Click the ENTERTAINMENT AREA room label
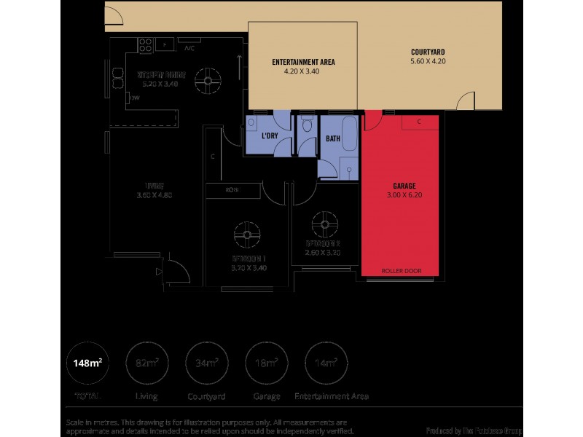[x=302, y=62]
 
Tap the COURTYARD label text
[x=428, y=52]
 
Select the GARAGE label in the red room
[x=401, y=186]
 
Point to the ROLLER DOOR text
[x=401, y=271]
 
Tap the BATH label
[x=333, y=138]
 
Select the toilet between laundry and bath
[x=308, y=125]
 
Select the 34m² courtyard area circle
[x=206, y=363]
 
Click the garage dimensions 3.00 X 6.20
[x=401, y=195]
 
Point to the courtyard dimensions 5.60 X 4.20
[x=428, y=62]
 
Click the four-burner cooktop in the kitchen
[x=142, y=44]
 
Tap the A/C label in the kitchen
[x=189, y=49]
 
